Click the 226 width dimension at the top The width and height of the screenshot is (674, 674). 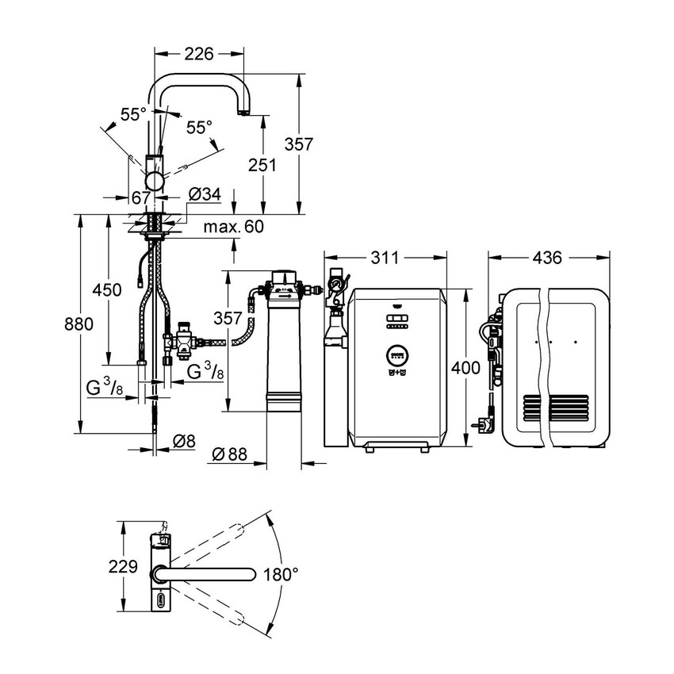click(x=198, y=54)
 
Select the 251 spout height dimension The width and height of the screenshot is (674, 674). click(x=262, y=165)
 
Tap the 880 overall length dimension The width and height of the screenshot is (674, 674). click(x=79, y=324)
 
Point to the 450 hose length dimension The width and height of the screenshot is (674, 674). click(x=107, y=289)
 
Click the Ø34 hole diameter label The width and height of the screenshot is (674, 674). click(x=205, y=195)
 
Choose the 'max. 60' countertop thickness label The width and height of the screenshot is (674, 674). click(x=233, y=227)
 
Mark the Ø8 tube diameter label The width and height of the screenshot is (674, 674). click(x=183, y=441)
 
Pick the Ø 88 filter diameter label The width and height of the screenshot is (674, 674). click(x=230, y=454)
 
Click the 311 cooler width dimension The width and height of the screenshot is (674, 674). click(x=385, y=258)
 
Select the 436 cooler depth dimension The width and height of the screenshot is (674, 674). click(x=547, y=258)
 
